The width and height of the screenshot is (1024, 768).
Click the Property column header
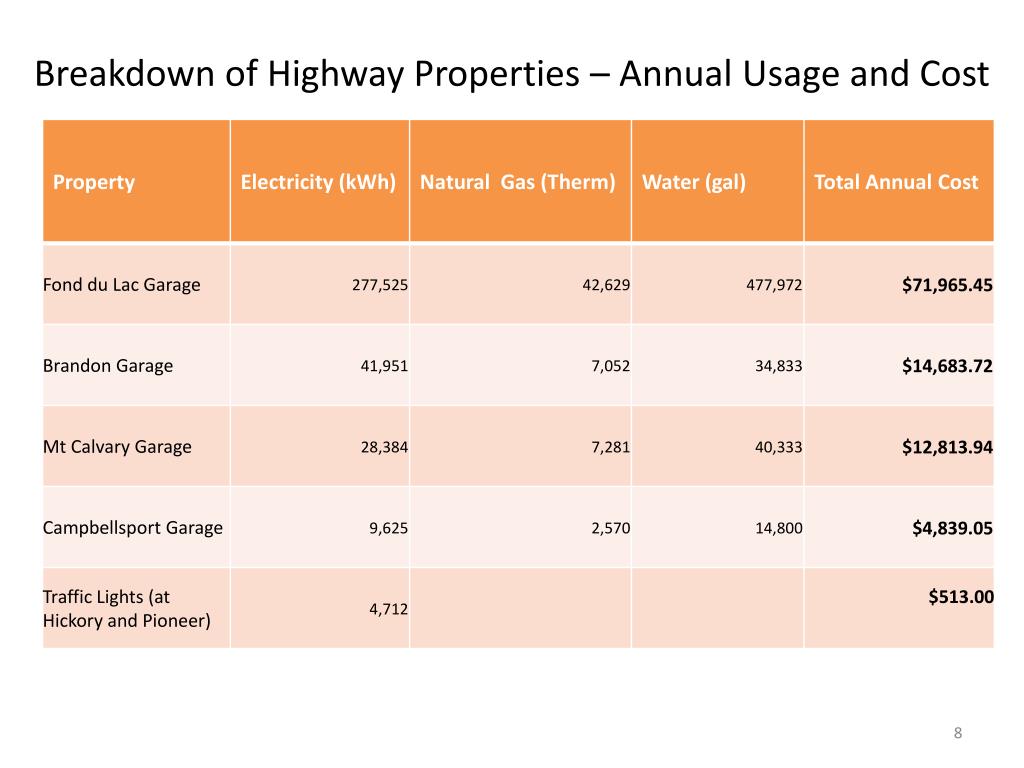[94, 183]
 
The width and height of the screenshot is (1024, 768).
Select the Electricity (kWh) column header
[318, 183]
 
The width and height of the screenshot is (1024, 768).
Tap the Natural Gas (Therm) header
[517, 183]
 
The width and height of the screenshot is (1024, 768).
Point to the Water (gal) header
[694, 183]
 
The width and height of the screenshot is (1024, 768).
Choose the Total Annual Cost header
[896, 183]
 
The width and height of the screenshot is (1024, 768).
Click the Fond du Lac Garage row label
[121, 285]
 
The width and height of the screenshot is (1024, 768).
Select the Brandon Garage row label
[108, 366]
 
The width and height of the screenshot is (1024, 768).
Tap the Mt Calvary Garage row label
[117, 447]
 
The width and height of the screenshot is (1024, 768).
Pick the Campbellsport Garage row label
[133, 528]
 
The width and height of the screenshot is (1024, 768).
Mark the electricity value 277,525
[379, 285]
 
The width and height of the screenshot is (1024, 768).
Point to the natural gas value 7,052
[610, 366]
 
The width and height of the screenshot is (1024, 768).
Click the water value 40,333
[778, 447]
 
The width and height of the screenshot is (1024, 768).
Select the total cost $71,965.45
[947, 285]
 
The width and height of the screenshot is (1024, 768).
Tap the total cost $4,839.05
[952, 528]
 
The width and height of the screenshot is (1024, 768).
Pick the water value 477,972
[774, 285]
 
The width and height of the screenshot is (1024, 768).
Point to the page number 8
[957, 734]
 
